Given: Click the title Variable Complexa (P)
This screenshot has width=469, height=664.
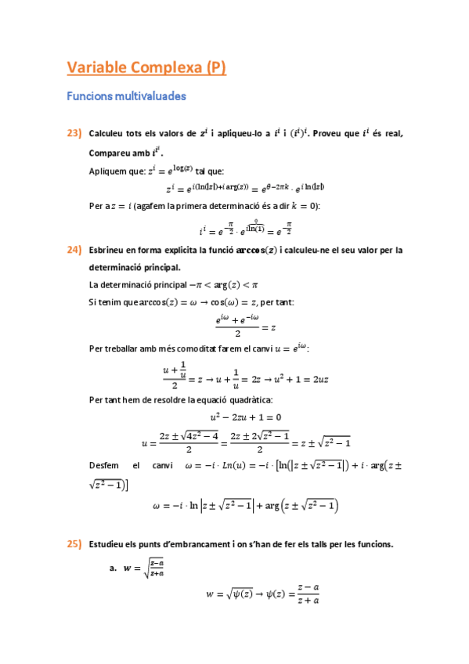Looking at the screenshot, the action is point(146,68).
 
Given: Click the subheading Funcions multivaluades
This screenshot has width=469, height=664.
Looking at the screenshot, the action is point(126,97).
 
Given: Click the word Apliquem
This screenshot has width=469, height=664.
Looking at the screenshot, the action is point(109,169).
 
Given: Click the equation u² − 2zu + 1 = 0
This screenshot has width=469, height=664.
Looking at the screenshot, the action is point(246,417).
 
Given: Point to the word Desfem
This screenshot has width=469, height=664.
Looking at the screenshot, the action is point(106,467).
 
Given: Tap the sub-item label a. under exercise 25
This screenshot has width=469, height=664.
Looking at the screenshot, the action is point(114,568).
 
